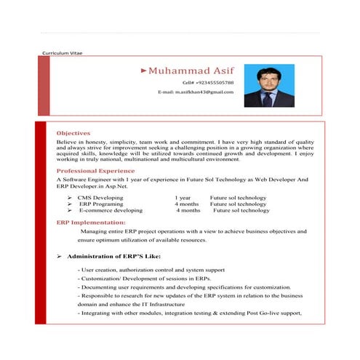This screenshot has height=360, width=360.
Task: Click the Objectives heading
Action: pyautogui.click(x=73, y=133)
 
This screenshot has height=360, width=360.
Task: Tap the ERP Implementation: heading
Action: pyautogui.click(x=90, y=222)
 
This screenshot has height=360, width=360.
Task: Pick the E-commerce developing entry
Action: pyautogui.click(x=111, y=210)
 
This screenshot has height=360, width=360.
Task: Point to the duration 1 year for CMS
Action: pyautogui.click(x=183, y=198)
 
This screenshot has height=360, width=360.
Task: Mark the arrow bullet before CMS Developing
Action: pyautogui.click(x=68, y=198)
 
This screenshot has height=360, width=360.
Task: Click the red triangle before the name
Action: pyautogui.click(x=144, y=71)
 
